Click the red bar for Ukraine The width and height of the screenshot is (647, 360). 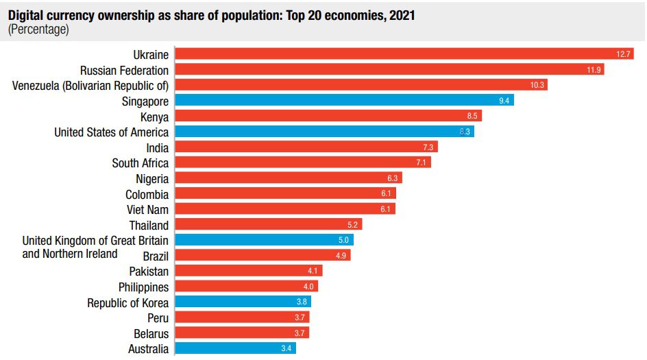point(404,53)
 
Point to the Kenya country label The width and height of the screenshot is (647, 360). point(154,117)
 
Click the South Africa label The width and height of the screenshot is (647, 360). point(140,163)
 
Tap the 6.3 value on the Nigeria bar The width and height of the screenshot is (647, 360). point(393,178)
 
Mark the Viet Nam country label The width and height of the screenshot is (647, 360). point(148,209)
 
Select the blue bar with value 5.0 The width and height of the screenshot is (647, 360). point(265,240)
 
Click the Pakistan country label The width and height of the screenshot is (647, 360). point(149,272)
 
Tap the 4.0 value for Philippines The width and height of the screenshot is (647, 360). point(309,287)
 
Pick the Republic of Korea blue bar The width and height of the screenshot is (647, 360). point(243,302)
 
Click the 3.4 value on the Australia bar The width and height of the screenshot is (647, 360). point(287,349)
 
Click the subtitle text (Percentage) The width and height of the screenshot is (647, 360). point(38,29)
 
